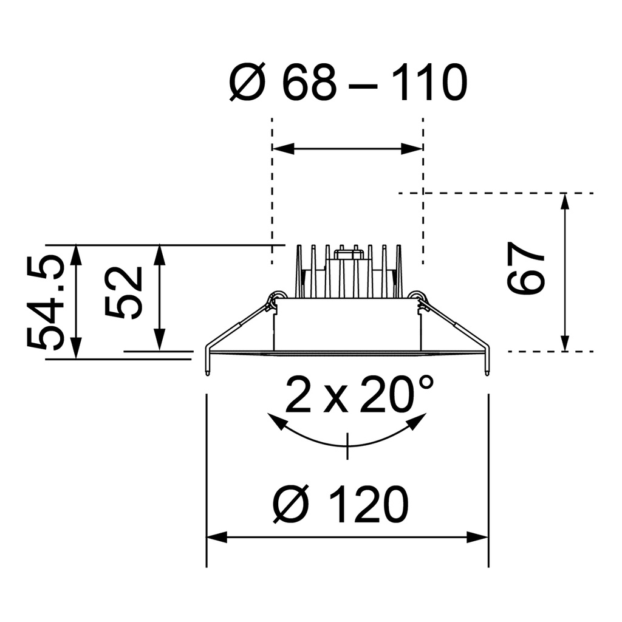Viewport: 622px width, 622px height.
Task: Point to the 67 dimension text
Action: tap(527, 268)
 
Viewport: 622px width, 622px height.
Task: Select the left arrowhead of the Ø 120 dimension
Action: tap(216, 538)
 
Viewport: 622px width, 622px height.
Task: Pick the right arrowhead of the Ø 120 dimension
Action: tap(479, 538)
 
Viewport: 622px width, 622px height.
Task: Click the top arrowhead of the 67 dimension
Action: tap(566, 201)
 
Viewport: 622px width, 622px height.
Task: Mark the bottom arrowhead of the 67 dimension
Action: tap(566, 343)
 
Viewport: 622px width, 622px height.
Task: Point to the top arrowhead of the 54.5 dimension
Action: tap(76, 253)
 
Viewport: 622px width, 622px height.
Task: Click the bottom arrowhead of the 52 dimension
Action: tap(160, 341)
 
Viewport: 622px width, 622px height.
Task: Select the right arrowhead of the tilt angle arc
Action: tap(419, 420)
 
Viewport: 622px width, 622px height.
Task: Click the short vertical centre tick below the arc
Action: tap(347, 446)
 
